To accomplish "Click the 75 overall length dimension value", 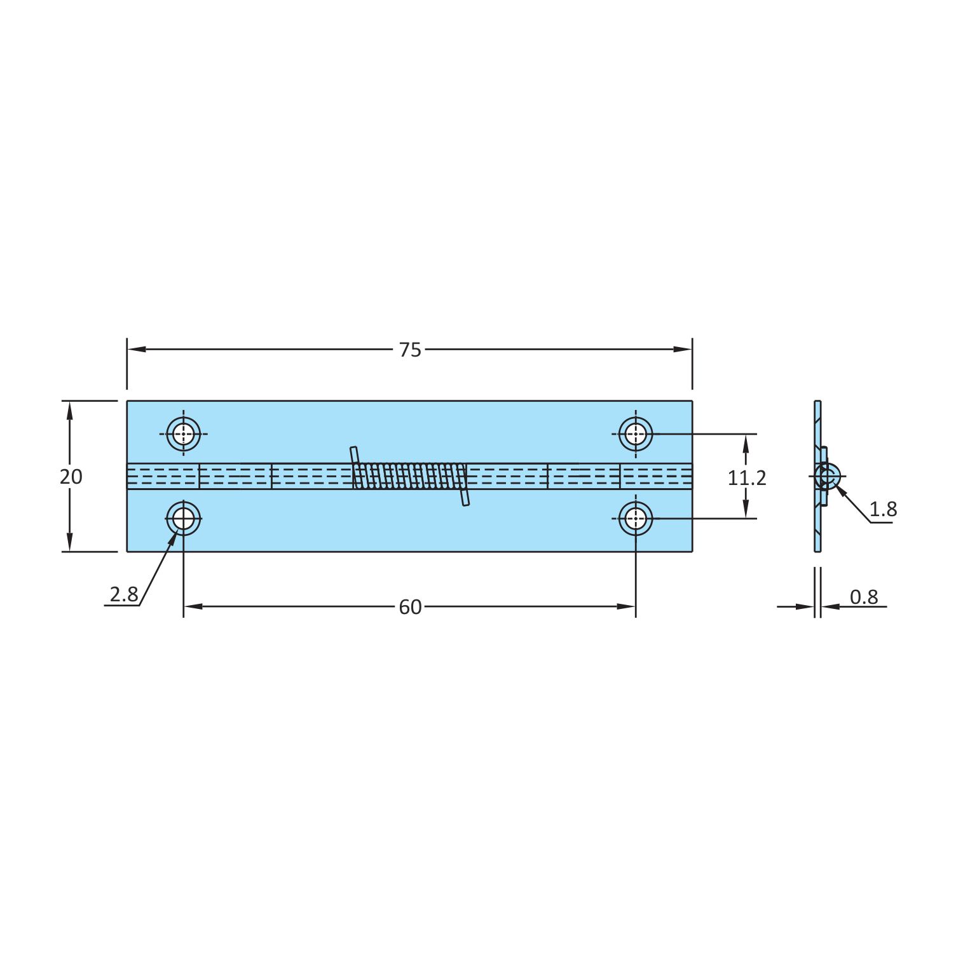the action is click(x=410, y=350).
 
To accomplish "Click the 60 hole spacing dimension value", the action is click(x=410, y=607).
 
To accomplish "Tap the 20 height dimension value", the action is click(x=71, y=476).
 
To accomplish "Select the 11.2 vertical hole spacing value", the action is click(x=747, y=477).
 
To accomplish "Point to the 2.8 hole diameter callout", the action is click(x=123, y=594).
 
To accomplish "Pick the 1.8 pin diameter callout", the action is click(x=883, y=509).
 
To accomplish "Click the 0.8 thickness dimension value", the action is click(x=864, y=597).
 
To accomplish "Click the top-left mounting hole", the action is click(x=184, y=434).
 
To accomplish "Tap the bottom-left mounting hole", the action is click(x=184, y=519).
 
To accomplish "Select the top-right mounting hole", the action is click(x=636, y=434).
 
